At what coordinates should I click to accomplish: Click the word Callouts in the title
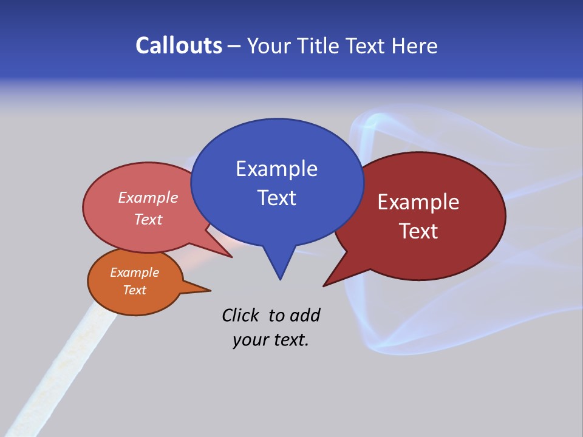click(x=179, y=46)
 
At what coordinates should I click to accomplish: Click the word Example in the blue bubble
click(x=276, y=169)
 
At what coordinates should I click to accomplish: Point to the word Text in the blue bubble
click(x=276, y=198)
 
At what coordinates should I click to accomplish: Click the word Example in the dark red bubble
click(x=418, y=202)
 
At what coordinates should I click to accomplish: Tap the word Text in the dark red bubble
click(x=418, y=231)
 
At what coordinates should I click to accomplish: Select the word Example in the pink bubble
click(x=148, y=198)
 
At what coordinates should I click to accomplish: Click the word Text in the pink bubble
click(x=148, y=220)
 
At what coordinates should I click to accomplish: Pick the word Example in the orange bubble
click(x=134, y=273)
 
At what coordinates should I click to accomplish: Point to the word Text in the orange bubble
click(x=134, y=290)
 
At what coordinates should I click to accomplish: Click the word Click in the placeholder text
click(x=242, y=316)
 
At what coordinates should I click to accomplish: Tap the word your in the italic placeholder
click(x=250, y=340)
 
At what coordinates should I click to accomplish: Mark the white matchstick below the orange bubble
click(x=67, y=376)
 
